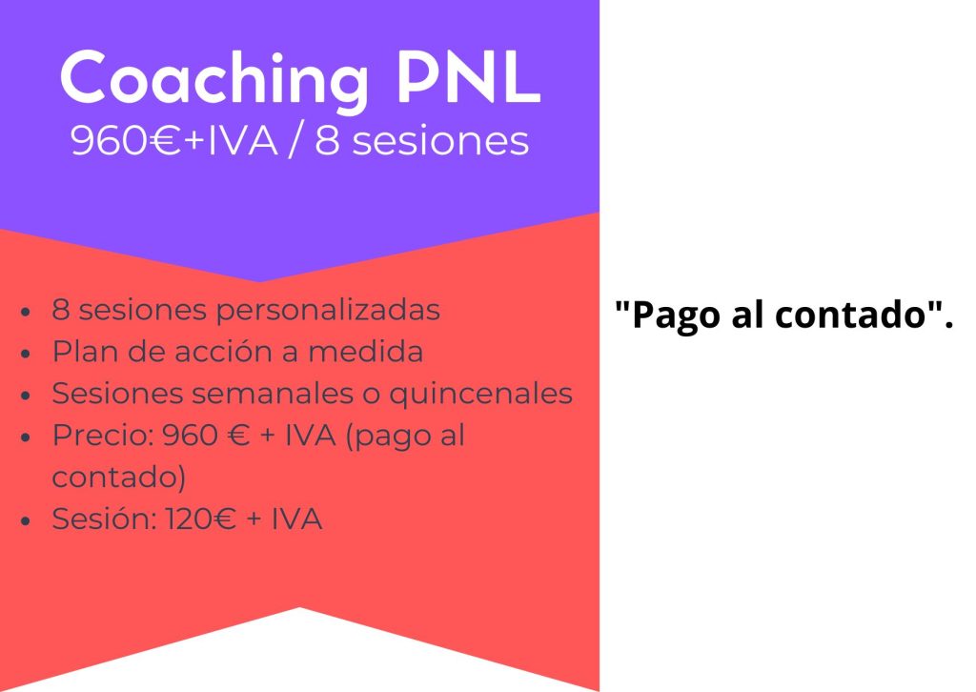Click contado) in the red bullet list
(x=118, y=478)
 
